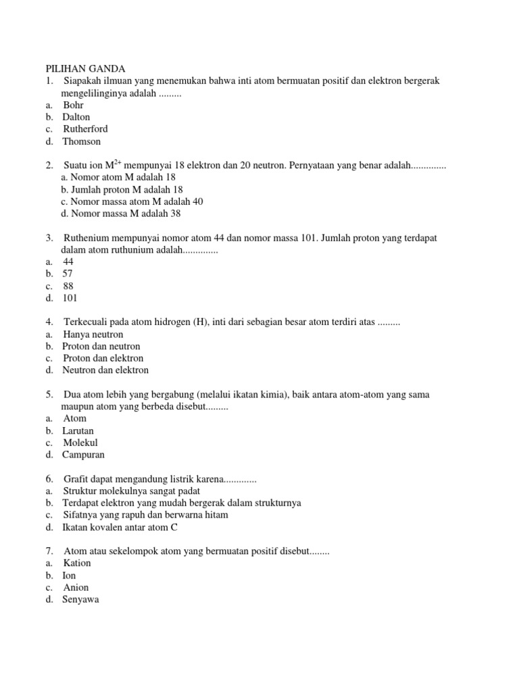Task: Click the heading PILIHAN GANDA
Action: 85,68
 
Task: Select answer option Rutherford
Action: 85,129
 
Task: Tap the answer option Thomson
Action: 82,141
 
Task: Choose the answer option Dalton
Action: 76,117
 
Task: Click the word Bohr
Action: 74,105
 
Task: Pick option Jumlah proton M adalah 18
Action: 122,189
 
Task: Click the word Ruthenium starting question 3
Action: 90,238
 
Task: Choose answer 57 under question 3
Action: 68,274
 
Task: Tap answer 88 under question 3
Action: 68,286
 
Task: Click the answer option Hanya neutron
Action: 93,335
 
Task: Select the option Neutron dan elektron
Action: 105,370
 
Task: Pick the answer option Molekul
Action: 82,443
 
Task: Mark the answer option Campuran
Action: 84,455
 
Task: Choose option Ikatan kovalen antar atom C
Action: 120,527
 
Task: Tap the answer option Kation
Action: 77,563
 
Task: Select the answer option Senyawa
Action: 81,599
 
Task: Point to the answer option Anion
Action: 76,587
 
